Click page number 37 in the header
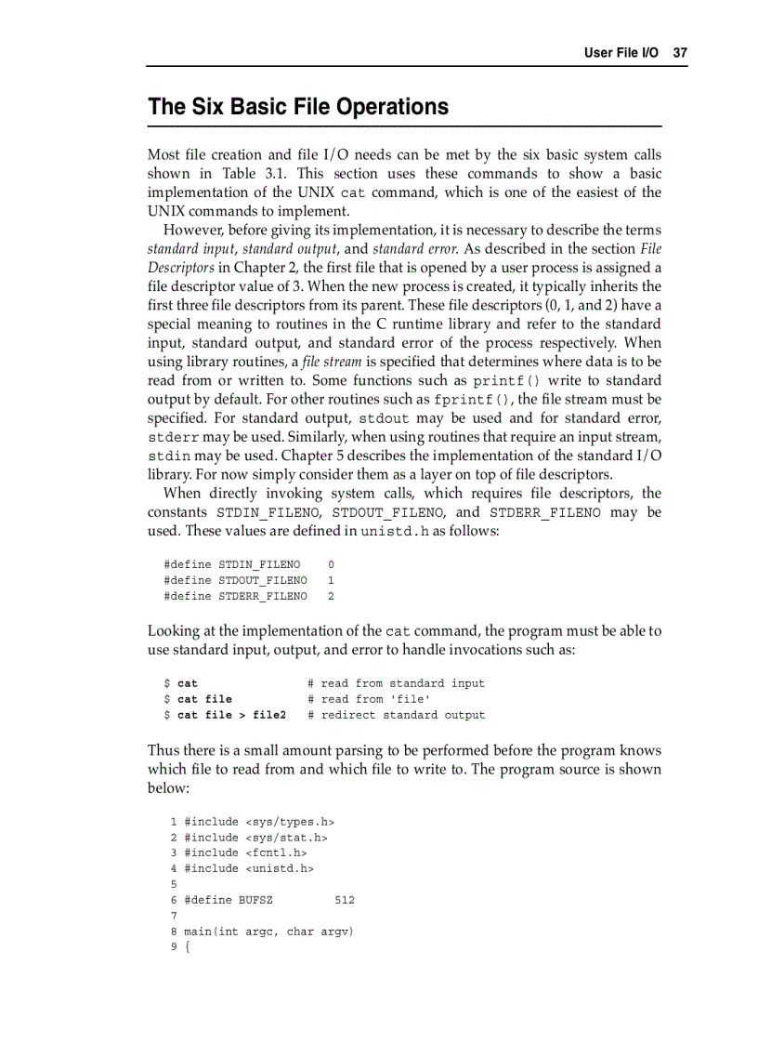coord(680,53)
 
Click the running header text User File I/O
coord(621,53)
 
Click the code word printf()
coord(507,381)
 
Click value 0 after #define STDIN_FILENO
coord(331,564)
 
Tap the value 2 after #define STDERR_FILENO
coord(331,596)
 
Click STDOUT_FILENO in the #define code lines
coord(262,580)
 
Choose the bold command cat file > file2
coord(231,715)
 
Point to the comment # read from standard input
coord(396,683)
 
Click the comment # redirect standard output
coord(396,715)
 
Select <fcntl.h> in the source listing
coord(276,852)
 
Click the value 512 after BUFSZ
coord(344,900)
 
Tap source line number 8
coord(174,932)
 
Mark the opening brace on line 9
coord(188,947)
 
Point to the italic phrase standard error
coord(413,249)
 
